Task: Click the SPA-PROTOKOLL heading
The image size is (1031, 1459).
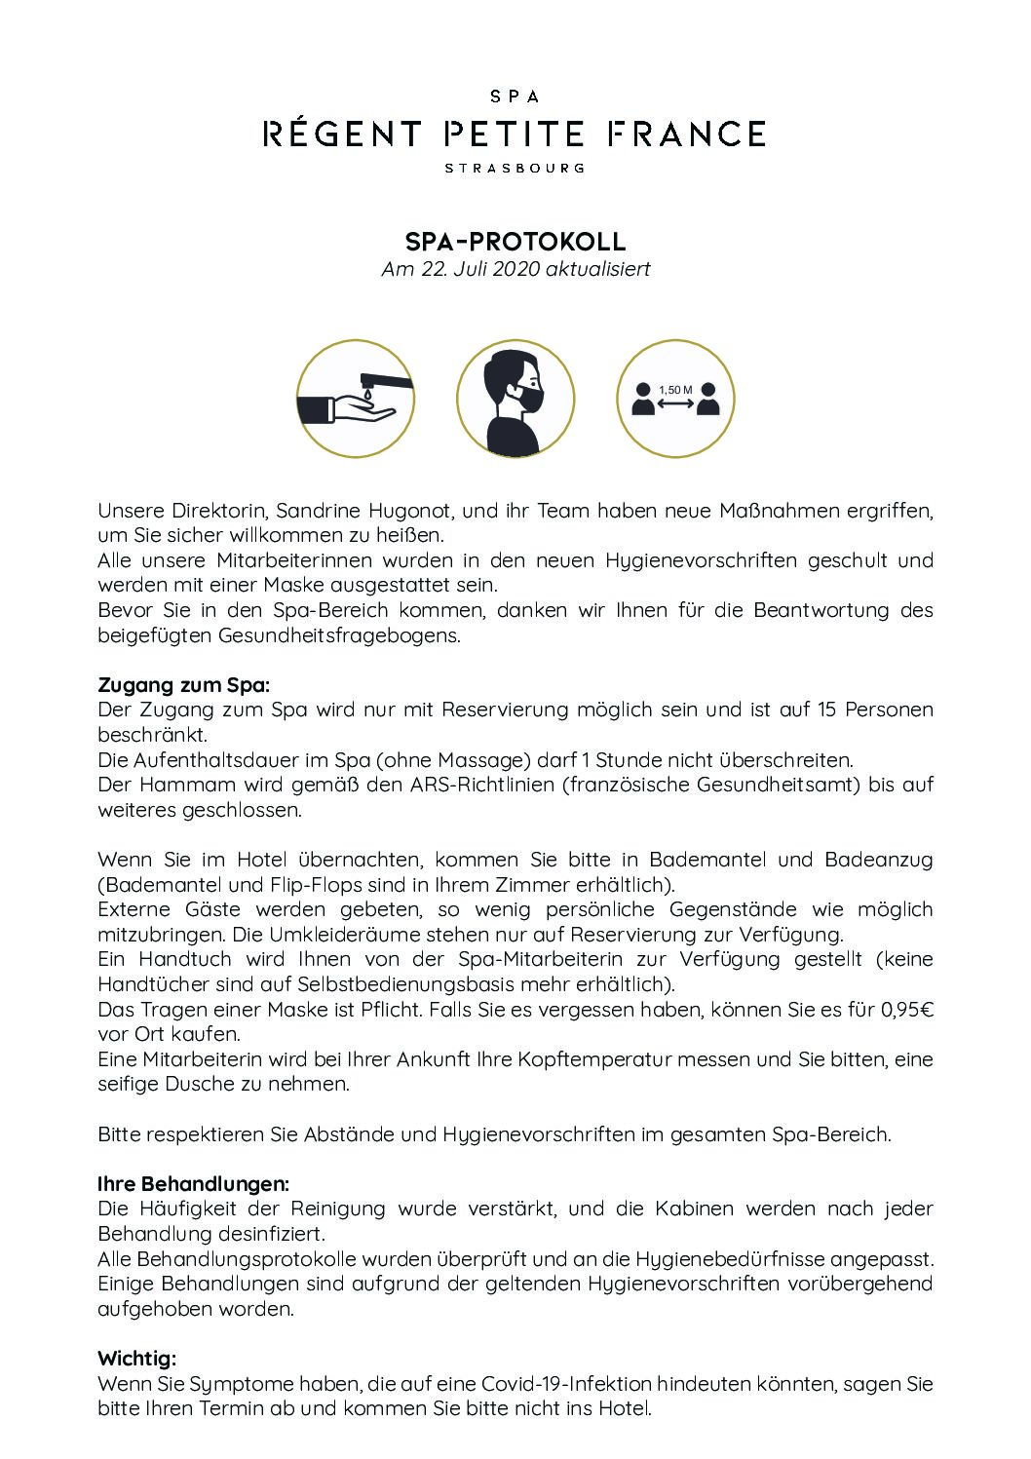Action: pos(515,241)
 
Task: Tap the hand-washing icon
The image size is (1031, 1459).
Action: pos(355,399)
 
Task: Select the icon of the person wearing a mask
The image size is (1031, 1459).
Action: pos(515,399)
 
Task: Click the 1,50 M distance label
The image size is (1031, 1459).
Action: pos(675,390)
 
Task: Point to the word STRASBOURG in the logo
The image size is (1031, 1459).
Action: pos(515,168)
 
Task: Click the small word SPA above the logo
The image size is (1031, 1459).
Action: pos(515,96)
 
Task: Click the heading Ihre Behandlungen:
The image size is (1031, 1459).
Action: pos(193,1184)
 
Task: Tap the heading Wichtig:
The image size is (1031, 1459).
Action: pos(136,1359)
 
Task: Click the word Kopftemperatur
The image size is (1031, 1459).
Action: pos(549,1059)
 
